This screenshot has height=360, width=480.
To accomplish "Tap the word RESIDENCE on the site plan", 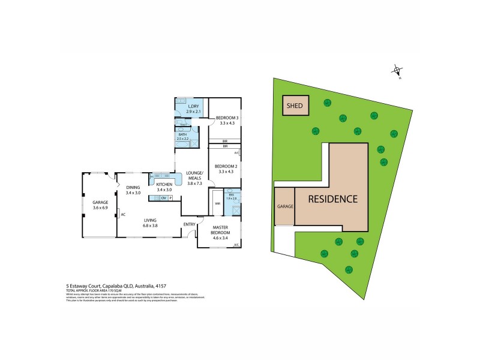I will pos(333,199).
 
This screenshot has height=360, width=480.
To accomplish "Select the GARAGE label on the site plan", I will pos(284,206).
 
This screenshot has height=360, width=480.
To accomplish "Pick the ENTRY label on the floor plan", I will pos(190,224).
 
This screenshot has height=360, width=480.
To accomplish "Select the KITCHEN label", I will pos(164,184).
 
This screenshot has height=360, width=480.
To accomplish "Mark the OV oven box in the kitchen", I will pos(163,198).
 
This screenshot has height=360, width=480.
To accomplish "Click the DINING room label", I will pos(133,187).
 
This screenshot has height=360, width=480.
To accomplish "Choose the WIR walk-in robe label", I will pos(217,204).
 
